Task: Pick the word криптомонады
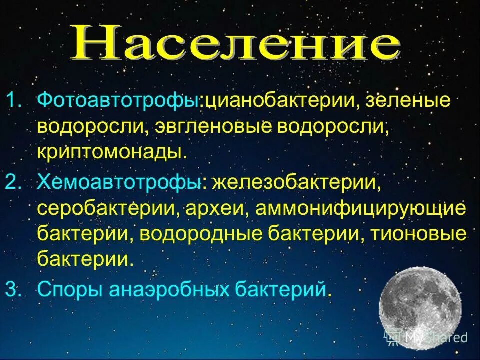[112, 150]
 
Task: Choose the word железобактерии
[294, 182]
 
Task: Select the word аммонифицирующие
[361, 208]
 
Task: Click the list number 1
[15, 101]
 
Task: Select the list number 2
[15, 182]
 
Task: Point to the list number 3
[15, 289]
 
